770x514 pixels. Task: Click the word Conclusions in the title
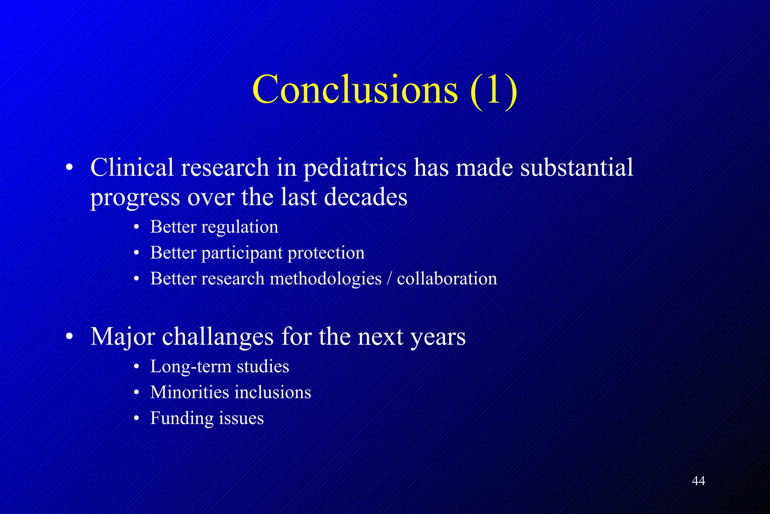click(355, 90)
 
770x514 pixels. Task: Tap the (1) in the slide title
click(493, 90)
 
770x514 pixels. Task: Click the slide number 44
click(698, 481)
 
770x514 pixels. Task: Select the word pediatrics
click(355, 168)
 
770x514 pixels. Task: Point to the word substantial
click(577, 167)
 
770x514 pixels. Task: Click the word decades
click(365, 197)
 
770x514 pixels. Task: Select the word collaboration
click(447, 279)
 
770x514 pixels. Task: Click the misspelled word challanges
click(218, 336)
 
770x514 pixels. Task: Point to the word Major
click(123, 337)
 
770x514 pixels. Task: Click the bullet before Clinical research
click(69, 168)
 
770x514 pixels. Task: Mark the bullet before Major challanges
click(69, 337)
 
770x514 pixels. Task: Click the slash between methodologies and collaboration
click(389, 279)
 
